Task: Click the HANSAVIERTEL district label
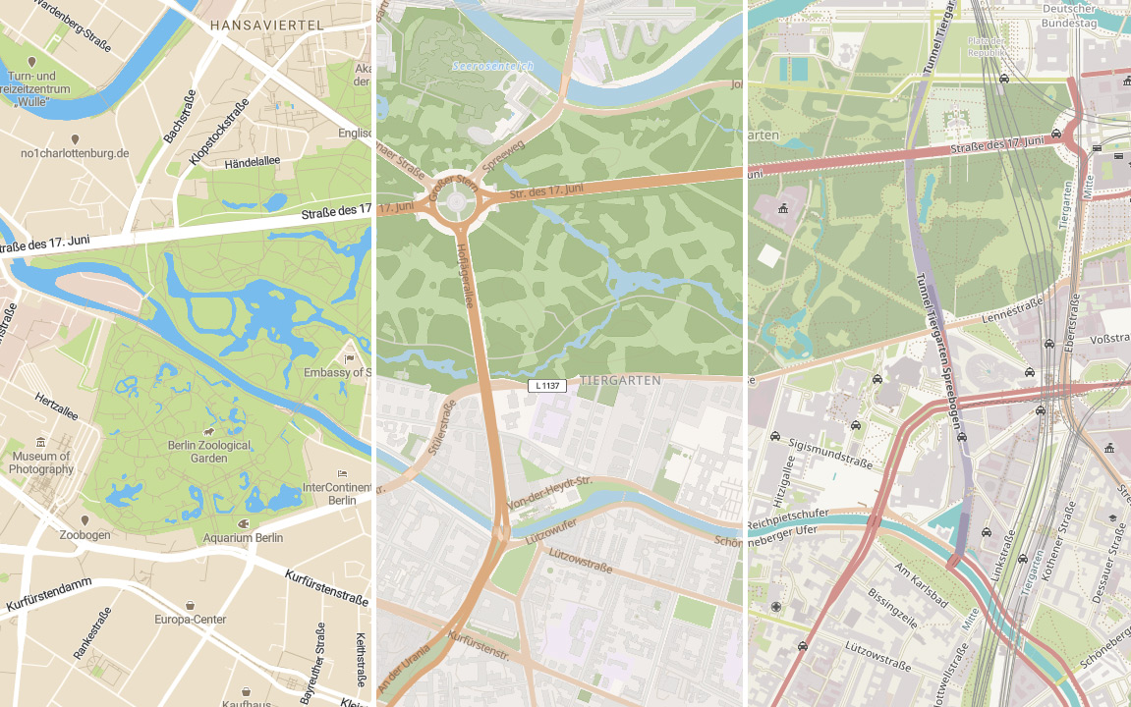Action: [x=266, y=23]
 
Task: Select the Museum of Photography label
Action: [x=40, y=462]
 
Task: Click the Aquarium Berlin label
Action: [x=243, y=537]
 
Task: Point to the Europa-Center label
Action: [x=190, y=619]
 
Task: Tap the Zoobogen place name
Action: [x=84, y=535]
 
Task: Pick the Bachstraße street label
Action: [x=180, y=116]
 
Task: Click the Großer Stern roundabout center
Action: [x=456, y=202]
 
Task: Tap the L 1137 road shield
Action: [x=547, y=386]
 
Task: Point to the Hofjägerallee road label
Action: [x=466, y=274]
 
